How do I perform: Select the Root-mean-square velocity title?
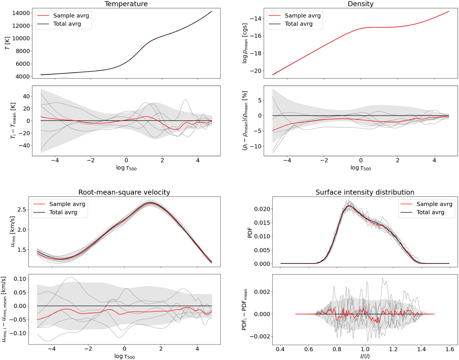[x=124, y=192]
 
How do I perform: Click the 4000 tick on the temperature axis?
[x=19, y=77]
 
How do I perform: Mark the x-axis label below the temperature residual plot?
[x=124, y=167]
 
